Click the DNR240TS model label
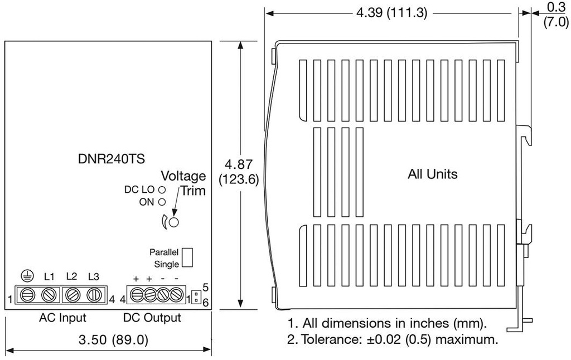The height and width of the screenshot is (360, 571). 112,159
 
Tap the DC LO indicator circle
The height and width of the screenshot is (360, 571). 162,189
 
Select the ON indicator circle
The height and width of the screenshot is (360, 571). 162,202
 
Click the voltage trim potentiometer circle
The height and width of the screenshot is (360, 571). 174,222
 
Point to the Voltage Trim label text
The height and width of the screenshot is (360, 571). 183,182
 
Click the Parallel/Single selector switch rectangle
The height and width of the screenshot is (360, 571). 188,257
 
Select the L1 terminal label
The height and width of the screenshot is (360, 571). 49,276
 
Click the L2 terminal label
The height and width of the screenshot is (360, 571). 71,276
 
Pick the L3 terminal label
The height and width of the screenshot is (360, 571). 94,276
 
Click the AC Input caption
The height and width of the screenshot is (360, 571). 62,318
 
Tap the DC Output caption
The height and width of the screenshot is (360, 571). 152,318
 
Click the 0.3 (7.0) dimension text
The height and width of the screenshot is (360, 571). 555,15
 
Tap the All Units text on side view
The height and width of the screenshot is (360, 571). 433,174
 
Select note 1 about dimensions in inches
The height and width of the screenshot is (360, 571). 387,323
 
